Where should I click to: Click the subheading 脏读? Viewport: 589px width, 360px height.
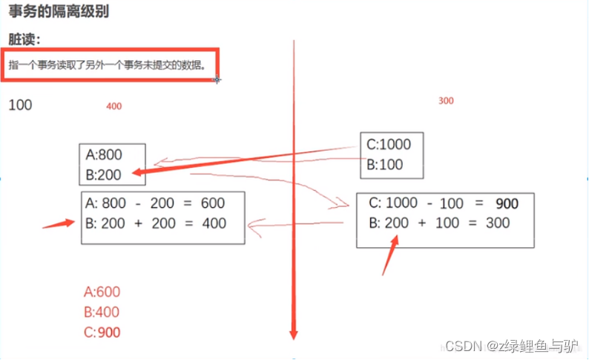pyautogui.click(x=24, y=39)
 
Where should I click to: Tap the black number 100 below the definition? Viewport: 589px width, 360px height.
pyautogui.click(x=20, y=105)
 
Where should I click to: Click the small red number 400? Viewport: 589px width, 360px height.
pyautogui.click(x=114, y=107)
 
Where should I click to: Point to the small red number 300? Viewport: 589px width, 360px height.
pyautogui.click(x=446, y=101)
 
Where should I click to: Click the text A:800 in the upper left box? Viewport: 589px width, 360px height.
pyautogui.click(x=104, y=155)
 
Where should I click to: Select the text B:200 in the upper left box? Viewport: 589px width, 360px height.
pyautogui.click(x=104, y=175)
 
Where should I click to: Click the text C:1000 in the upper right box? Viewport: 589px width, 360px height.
pyautogui.click(x=388, y=145)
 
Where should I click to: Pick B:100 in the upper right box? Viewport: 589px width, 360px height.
pyautogui.click(x=384, y=165)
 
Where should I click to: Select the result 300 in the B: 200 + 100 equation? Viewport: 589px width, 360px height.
pyautogui.click(x=498, y=223)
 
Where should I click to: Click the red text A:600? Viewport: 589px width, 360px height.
pyautogui.click(x=102, y=292)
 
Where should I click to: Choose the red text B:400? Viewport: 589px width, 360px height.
pyautogui.click(x=102, y=312)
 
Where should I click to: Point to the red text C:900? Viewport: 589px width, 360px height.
pyautogui.click(x=102, y=333)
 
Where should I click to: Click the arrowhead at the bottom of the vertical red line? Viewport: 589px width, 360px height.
pyautogui.click(x=294, y=332)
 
